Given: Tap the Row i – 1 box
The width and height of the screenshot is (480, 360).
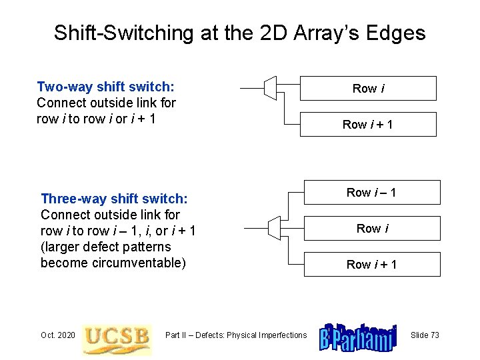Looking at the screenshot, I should pos(372,193).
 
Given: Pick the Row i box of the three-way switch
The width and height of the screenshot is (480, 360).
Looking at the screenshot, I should pos(372,229).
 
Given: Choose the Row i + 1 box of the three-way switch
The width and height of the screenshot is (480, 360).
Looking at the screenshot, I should pos(372,265).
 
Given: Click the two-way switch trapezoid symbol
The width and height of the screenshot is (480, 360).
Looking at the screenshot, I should pos(269,87).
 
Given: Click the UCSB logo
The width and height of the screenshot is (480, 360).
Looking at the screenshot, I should pos(116,339).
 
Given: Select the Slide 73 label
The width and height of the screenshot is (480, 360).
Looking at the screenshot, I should pos(425,335).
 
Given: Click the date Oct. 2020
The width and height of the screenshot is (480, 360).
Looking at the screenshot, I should pos(57,335).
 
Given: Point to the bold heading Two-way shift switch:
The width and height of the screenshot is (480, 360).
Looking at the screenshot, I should pos(106,87).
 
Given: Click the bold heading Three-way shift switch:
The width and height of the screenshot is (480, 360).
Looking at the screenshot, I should pos(114,199).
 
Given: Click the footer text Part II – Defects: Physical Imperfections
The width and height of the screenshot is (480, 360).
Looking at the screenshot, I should pos(236,335).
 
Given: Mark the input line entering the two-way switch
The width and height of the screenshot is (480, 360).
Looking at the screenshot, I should pos(251,87).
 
